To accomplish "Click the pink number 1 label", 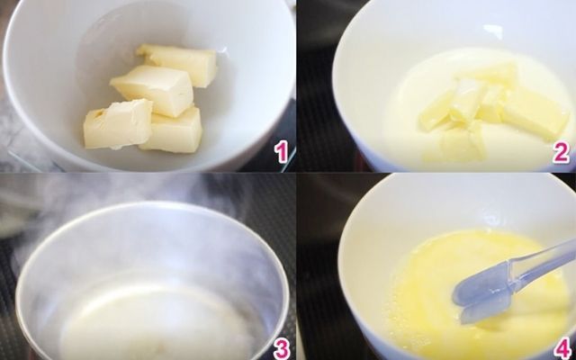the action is click(x=282, y=152).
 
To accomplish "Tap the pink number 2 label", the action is click(x=562, y=153).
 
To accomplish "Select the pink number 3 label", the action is click(x=282, y=350).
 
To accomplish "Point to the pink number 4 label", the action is click(x=563, y=349).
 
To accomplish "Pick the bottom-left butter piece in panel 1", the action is click(x=118, y=125).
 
